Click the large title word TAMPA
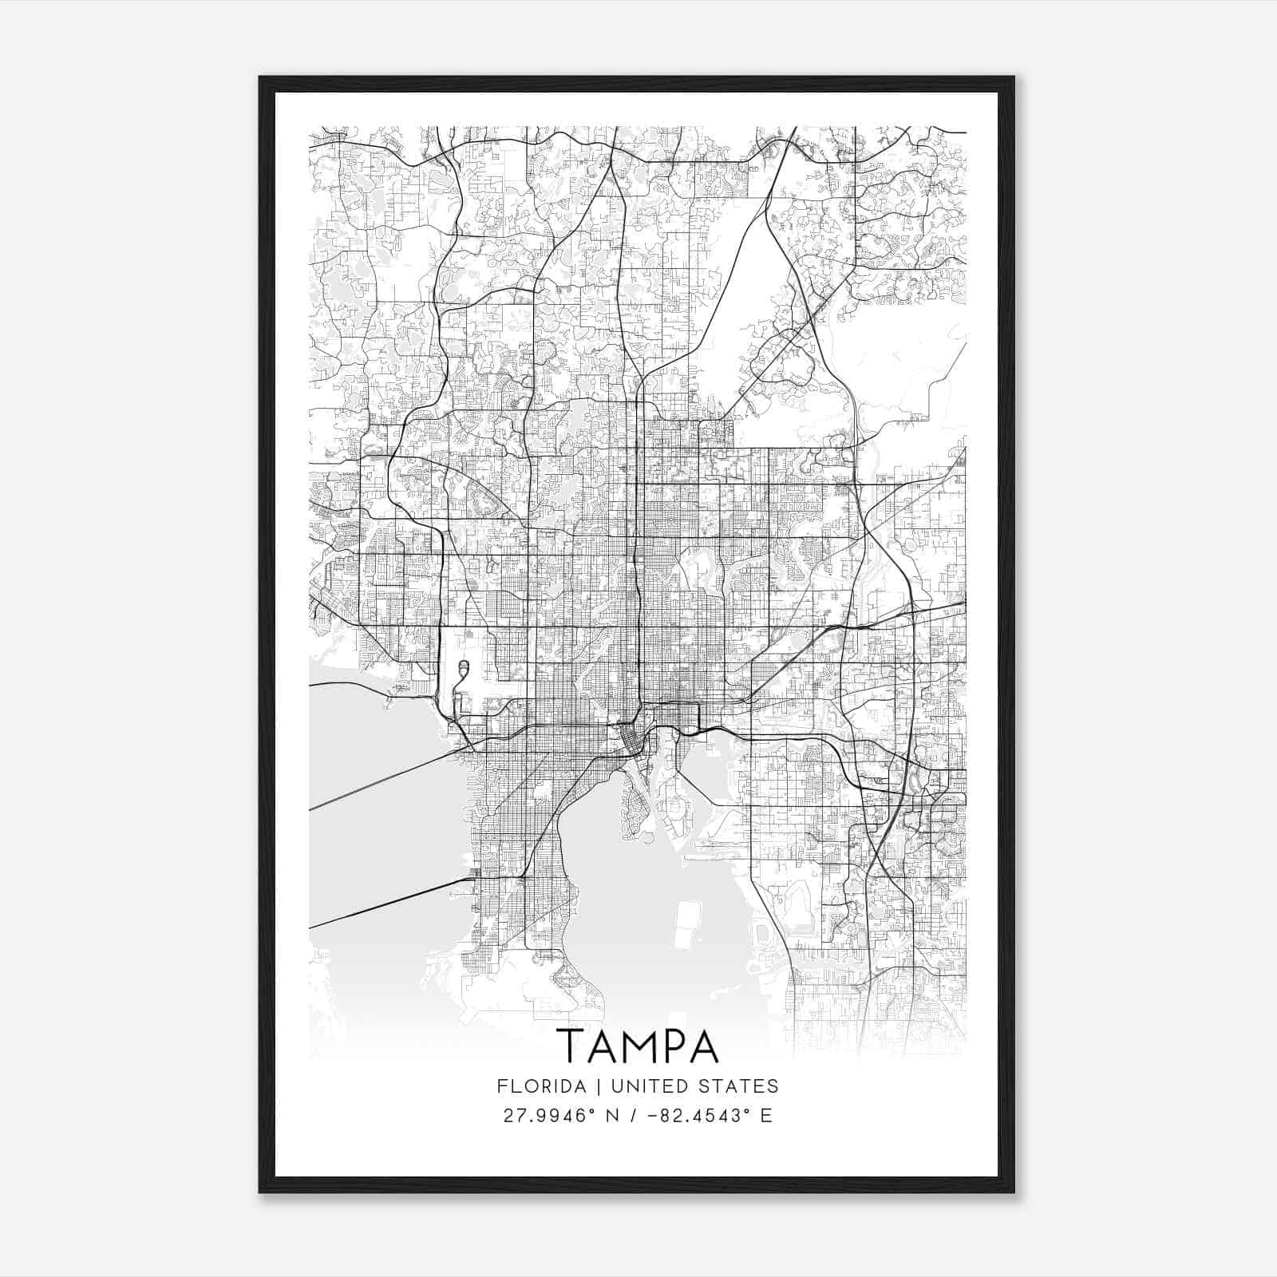click(x=637, y=1046)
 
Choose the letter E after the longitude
click(x=766, y=1116)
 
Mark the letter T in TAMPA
click(x=569, y=1046)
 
